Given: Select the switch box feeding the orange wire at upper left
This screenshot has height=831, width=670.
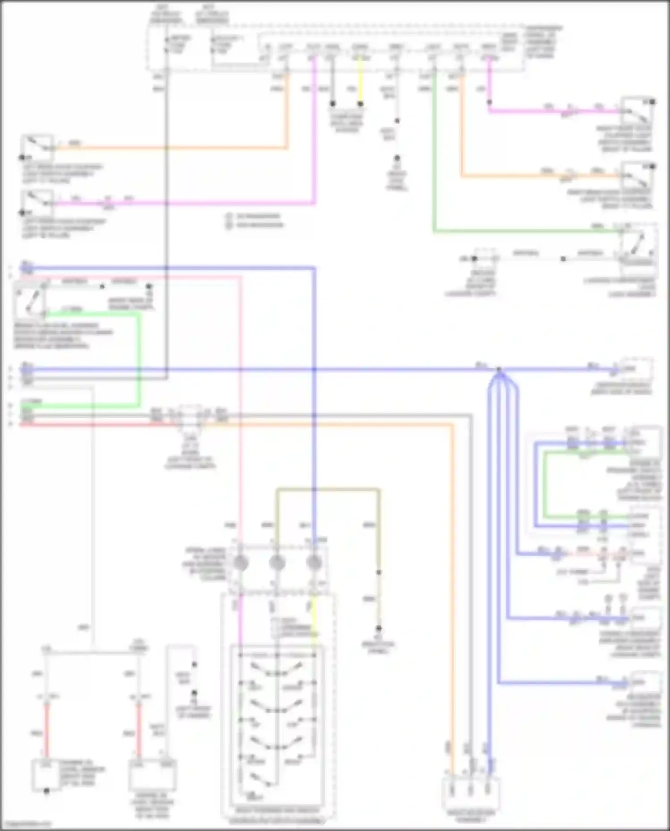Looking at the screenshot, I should pyautogui.click(x=37, y=147).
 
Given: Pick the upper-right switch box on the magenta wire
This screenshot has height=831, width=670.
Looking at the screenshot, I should pyautogui.click(x=637, y=111).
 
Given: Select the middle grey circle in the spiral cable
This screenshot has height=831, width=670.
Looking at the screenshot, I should pyautogui.click(x=277, y=563).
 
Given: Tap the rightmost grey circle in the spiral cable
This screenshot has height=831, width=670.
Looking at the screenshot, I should pyautogui.click(x=314, y=563).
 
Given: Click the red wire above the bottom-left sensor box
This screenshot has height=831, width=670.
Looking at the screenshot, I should pyautogui.click(x=46, y=732).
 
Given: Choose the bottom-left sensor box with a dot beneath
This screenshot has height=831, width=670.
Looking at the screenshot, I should pyautogui.click(x=46, y=776).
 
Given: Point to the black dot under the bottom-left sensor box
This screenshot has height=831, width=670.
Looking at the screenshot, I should pyautogui.click(x=46, y=791).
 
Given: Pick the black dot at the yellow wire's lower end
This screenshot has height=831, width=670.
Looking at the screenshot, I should pyautogui.click(x=360, y=104).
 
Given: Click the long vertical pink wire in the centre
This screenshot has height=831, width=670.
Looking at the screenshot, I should pyautogui.click(x=240, y=402).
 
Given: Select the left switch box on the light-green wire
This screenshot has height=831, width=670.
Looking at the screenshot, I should pyautogui.click(x=29, y=299).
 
